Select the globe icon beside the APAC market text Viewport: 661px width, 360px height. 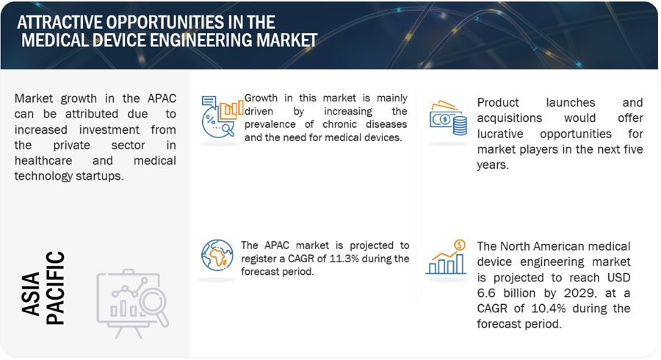tap(217, 255)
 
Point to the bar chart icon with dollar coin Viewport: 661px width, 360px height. tap(446, 257)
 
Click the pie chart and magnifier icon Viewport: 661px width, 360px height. tap(222, 117)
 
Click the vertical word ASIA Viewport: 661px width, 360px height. tap(31, 294)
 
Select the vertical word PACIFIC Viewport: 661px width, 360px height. tap(55, 288)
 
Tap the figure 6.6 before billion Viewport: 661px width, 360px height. tap(485, 293)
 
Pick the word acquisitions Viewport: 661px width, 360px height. tap(509, 118)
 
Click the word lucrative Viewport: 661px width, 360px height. tap(500, 134)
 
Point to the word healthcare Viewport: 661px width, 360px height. tap(43, 161)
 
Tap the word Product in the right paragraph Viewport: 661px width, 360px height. tap(498, 102)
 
